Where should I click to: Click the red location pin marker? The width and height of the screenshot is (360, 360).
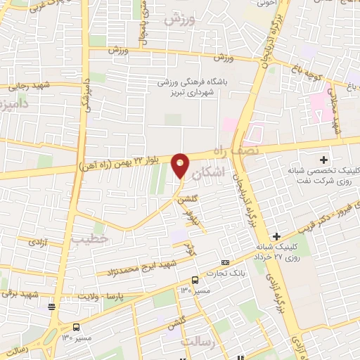click(181, 165)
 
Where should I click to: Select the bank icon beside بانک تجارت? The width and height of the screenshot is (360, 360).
click(224, 262)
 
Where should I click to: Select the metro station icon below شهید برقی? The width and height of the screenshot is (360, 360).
click(51, 307)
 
